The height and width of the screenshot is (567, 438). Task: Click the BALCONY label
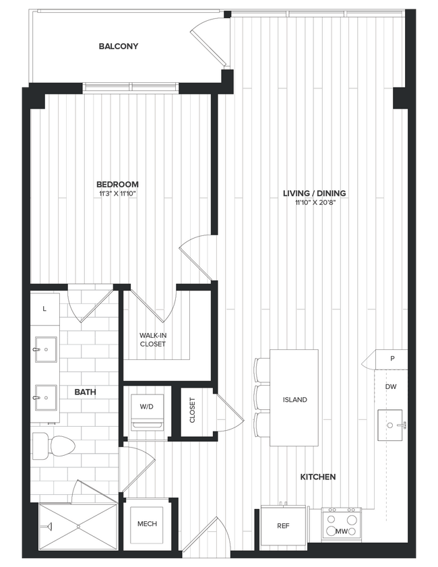point(118,47)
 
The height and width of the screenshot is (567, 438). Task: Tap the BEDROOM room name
point(117,184)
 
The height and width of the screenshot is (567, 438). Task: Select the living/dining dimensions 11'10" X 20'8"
point(314,202)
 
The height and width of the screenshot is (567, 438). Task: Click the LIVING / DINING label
point(314,193)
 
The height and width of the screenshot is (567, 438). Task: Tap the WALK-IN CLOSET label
point(153,339)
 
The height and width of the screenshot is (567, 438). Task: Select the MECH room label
point(147,523)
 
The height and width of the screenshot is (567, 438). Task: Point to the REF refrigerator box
point(283,525)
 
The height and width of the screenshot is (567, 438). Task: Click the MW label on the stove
point(342,532)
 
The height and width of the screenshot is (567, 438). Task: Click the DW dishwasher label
point(391,387)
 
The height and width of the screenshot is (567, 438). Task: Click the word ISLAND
point(294,400)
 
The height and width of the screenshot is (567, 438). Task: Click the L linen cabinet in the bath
point(44,309)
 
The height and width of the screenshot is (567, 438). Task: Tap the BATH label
point(85,391)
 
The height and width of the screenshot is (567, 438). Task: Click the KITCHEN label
point(317,477)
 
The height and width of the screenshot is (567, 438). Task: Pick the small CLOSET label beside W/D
point(192,409)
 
